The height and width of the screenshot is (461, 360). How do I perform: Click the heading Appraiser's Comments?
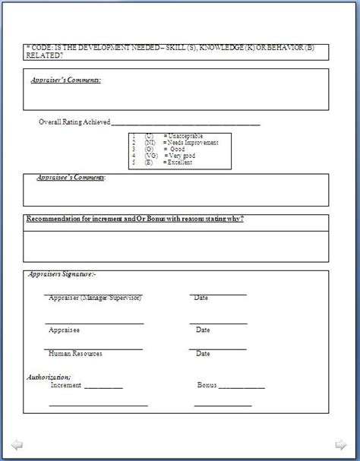[66, 80]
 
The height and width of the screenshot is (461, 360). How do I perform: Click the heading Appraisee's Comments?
[71, 178]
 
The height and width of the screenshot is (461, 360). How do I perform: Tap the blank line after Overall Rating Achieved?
[186, 122]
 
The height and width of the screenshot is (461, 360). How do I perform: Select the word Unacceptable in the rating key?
[187, 135]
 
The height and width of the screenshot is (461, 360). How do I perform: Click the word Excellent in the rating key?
[180, 162]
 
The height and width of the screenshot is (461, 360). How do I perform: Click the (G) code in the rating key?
[149, 149]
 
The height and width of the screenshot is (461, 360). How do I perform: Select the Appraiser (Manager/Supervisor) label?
[95, 298]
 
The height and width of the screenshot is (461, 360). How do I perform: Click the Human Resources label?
[75, 354]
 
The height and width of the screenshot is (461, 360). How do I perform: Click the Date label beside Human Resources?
[203, 354]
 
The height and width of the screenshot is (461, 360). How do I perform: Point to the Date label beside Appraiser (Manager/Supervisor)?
[201, 298]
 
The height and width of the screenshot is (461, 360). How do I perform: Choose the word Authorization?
[49, 377]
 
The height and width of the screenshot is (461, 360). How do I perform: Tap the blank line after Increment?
[103, 387]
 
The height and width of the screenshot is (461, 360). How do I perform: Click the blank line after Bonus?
[242, 387]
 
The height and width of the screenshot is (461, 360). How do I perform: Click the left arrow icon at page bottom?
[17, 444]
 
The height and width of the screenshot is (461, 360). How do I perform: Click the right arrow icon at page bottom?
[343, 444]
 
